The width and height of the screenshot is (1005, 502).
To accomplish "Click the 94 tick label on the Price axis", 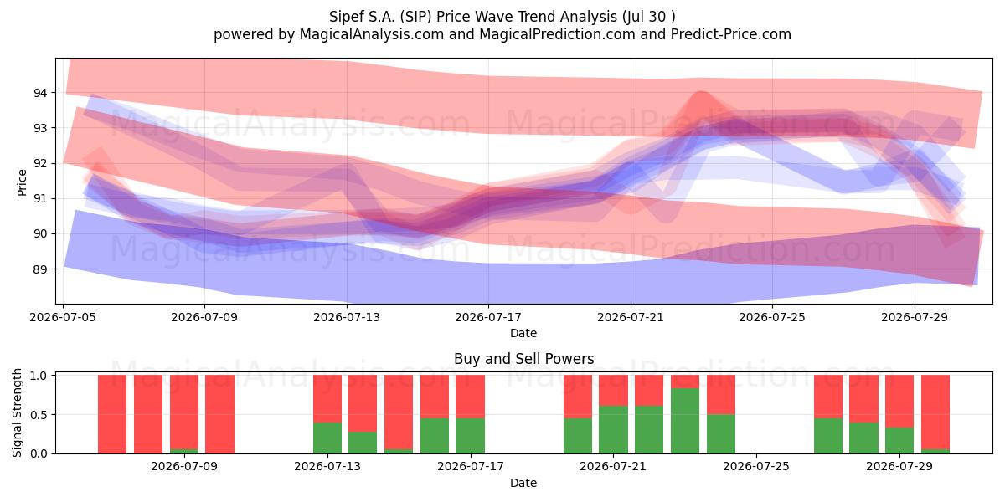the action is point(39,93).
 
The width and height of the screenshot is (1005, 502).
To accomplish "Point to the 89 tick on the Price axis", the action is point(39,269).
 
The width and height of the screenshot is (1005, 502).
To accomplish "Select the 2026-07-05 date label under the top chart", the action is point(63,317).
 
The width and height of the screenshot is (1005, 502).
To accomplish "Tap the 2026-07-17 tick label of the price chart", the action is point(488,317).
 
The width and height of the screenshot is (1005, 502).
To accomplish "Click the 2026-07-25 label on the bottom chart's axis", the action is point(756,466).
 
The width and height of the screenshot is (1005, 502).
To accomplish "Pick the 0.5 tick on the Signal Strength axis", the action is point(39,415).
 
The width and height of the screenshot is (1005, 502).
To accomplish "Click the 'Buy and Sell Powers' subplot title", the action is point(523,359).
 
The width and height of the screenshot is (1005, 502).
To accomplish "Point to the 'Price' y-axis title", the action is point(22,182).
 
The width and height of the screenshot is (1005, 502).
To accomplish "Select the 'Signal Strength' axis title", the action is point(17,412).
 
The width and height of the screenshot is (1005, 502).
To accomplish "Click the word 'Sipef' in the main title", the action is point(348,17).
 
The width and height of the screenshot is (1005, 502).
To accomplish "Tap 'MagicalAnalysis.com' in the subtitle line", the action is point(372,34).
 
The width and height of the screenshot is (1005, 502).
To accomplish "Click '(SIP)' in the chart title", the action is point(416,17).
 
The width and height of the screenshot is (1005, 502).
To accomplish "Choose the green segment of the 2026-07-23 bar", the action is point(685,421).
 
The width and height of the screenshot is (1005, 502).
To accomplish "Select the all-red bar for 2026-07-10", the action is point(219,414).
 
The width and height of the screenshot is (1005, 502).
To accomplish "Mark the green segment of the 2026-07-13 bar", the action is point(327,438).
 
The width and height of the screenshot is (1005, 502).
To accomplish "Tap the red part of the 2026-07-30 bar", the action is point(935,412).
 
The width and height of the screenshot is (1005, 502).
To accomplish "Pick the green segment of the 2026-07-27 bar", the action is point(828,436).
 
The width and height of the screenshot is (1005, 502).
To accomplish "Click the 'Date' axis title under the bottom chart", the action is point(523,483).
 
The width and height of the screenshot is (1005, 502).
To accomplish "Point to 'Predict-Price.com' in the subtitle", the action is point(731,34).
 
